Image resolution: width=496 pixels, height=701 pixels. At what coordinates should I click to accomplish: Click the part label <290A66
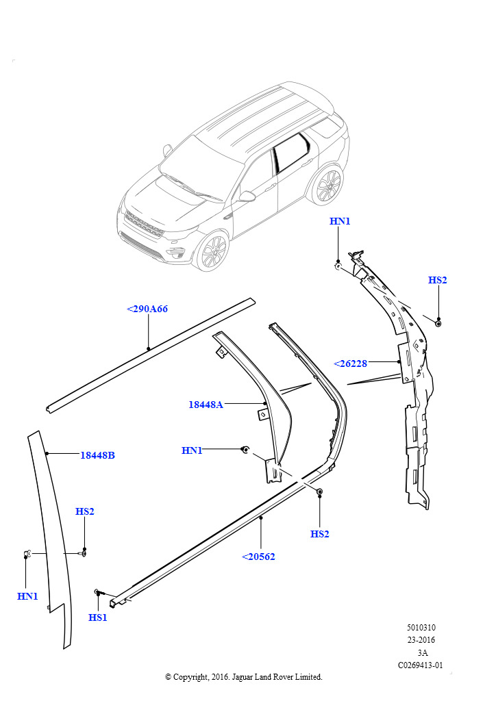(147, 309)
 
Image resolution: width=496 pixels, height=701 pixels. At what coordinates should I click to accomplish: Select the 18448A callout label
(206, 405)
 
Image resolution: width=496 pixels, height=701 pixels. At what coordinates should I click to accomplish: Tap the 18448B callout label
(97, 455)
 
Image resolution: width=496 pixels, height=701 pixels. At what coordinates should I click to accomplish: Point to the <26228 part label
(351, 364)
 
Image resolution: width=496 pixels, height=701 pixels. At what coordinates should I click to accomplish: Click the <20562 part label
(258, 557)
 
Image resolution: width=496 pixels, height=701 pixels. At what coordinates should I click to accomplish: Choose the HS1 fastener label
(98, 617)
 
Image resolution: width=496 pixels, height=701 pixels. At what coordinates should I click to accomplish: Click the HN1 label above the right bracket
(340, 221)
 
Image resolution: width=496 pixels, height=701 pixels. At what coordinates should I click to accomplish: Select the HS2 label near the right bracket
(438, 280)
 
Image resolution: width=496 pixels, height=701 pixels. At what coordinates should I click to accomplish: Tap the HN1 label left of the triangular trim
(192, 450)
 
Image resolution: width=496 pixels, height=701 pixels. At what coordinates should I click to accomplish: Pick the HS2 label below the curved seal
(320, 534)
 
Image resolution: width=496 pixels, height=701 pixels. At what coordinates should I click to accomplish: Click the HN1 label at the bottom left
(27, 596)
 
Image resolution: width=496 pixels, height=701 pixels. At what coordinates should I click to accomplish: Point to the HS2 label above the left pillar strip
(85, 511)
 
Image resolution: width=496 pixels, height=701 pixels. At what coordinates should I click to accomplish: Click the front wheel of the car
(212, 251)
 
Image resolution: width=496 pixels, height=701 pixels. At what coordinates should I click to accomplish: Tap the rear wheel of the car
(326, 186)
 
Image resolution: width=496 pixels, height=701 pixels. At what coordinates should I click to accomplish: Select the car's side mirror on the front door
(246, 196)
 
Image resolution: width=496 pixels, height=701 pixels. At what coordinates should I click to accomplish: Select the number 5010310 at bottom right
(421, 628)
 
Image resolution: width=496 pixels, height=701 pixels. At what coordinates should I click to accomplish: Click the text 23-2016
(421, 640)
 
